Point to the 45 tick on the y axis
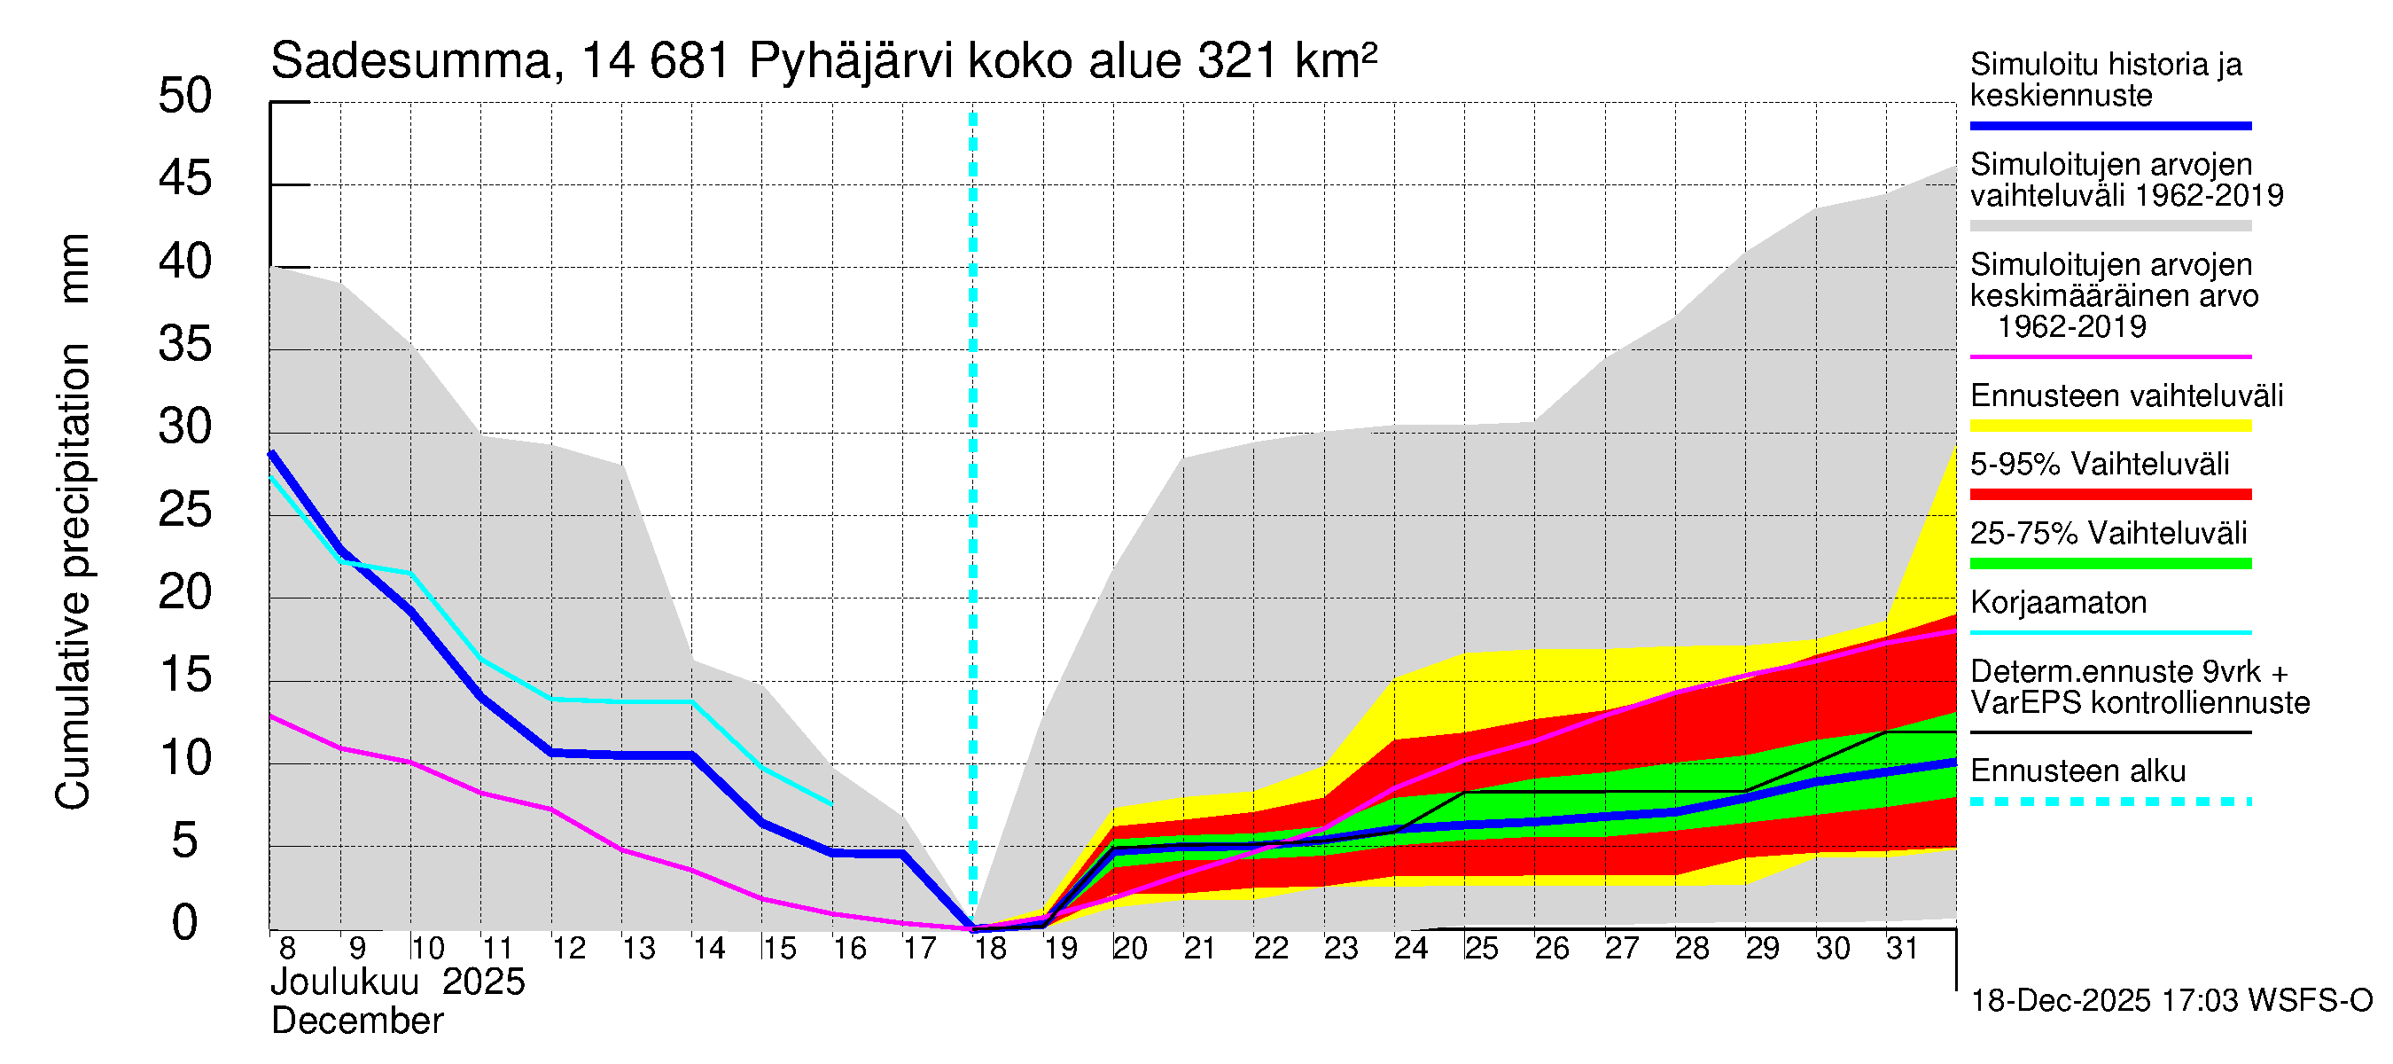pos(185,178)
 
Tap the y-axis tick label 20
pos(185,592)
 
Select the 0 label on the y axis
pos(185,923)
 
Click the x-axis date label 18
pos(990,949)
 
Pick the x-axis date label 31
pos(1902,949)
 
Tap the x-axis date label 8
pos(287,949)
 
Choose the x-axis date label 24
pos(1411,949)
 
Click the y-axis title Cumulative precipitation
pos(73,576)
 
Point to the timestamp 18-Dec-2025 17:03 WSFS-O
pos(2171,1002)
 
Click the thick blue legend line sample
pos(2109,125)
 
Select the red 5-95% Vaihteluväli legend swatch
pos(2109,495)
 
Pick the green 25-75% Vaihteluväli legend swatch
pos(2109,563)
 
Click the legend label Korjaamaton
pos(2058,603)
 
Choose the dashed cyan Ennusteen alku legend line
pos(2109,801)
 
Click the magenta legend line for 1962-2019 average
pos(2109,356)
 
